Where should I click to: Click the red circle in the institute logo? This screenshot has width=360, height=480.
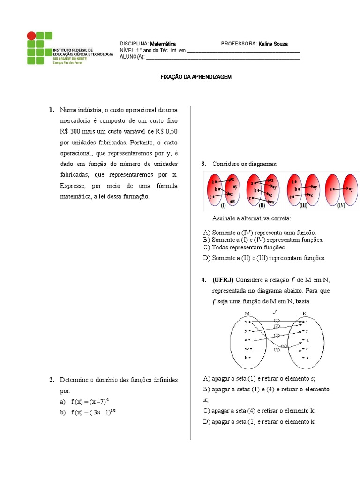coord(31,36)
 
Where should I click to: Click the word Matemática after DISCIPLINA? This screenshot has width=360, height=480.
coord(163,44)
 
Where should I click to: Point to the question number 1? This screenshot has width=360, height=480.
coord(51,110)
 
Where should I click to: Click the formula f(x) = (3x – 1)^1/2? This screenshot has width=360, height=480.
coord(93,412)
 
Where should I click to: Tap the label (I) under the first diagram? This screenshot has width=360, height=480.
coord(223,205)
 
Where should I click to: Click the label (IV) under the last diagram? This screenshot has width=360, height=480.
coord(341,205)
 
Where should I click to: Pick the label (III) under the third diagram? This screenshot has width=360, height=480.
coord(303,205)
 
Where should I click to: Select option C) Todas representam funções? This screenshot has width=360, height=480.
coord(244,247)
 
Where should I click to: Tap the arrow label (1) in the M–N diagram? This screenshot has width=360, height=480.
coord(277,320)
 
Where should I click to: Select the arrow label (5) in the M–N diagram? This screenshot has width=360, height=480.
coord(277,350)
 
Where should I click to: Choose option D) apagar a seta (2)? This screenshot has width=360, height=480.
coord(259,421)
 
